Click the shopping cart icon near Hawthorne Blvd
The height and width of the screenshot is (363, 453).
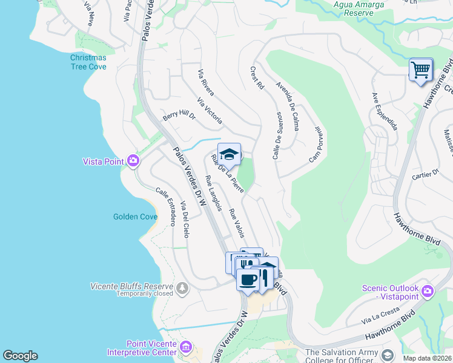pyautogui.click(x=420, y=70)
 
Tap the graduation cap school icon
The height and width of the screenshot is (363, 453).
pyautogui.click(x=229, y=155)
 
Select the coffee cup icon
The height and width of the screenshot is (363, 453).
pyautogui.click(x=247, y=280)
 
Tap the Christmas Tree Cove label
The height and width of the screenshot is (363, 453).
pyautogui.click(x=88, y=62)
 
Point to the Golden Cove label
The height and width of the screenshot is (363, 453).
pyautogui.click(x=133, y=217)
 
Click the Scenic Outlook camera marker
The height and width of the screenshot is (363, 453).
pyautogui.click(x=428, y=292)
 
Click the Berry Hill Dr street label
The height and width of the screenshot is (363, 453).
pyautogui.click(x=179, y=115)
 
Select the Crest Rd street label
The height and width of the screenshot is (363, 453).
pyautogui.click(x=257, y=79)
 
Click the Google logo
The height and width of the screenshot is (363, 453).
pyautogui.click(x=20, y=356)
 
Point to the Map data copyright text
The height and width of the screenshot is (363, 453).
pyautogui.click(x=427, y=358)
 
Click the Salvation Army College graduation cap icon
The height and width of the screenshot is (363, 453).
pyautogui.click(x=388, y=354)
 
